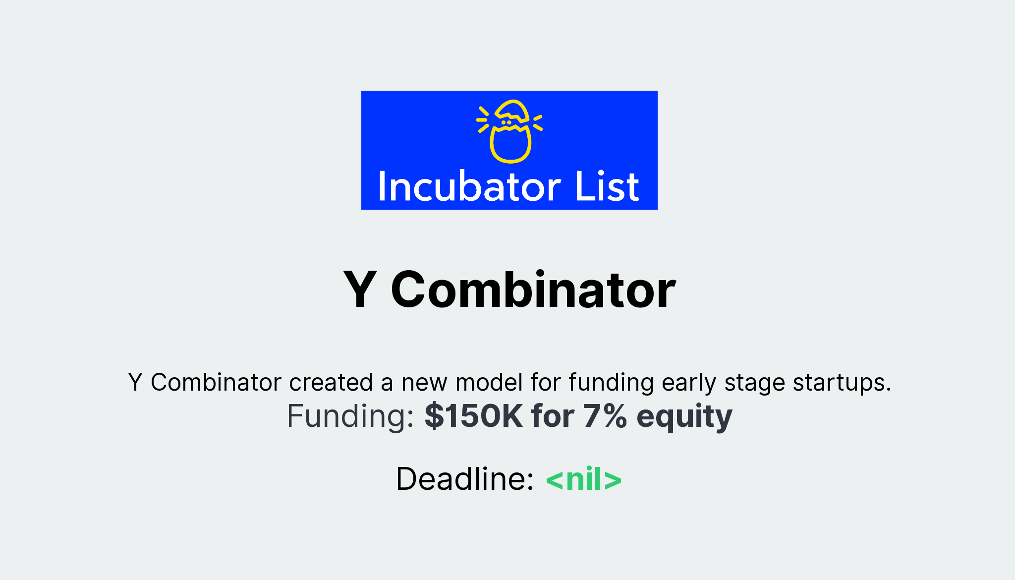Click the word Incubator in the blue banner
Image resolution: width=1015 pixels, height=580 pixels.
click(x=469, y=187)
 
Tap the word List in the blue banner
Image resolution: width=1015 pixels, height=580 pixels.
click(x=607, y=187)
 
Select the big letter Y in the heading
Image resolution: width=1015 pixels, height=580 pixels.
click(x=360, y=290)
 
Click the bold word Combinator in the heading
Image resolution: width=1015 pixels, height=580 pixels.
click(x=533, y=290)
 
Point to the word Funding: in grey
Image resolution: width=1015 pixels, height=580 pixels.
click(x=350, y=416)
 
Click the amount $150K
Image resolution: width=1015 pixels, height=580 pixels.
click(x=473, y=416)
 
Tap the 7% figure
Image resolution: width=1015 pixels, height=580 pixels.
click(x=605, y=416)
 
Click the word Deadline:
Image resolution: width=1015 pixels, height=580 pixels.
click(x=464, y=479)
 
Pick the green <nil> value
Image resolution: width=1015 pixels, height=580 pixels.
click(x=583, y=479)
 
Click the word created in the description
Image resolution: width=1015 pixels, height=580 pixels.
click(x=331, y=383)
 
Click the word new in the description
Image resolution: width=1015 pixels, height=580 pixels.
click(x=424, y=383)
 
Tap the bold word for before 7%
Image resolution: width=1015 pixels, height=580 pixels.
click(x=552, y=416)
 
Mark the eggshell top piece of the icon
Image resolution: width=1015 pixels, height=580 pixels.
click(x=512, y=111)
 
